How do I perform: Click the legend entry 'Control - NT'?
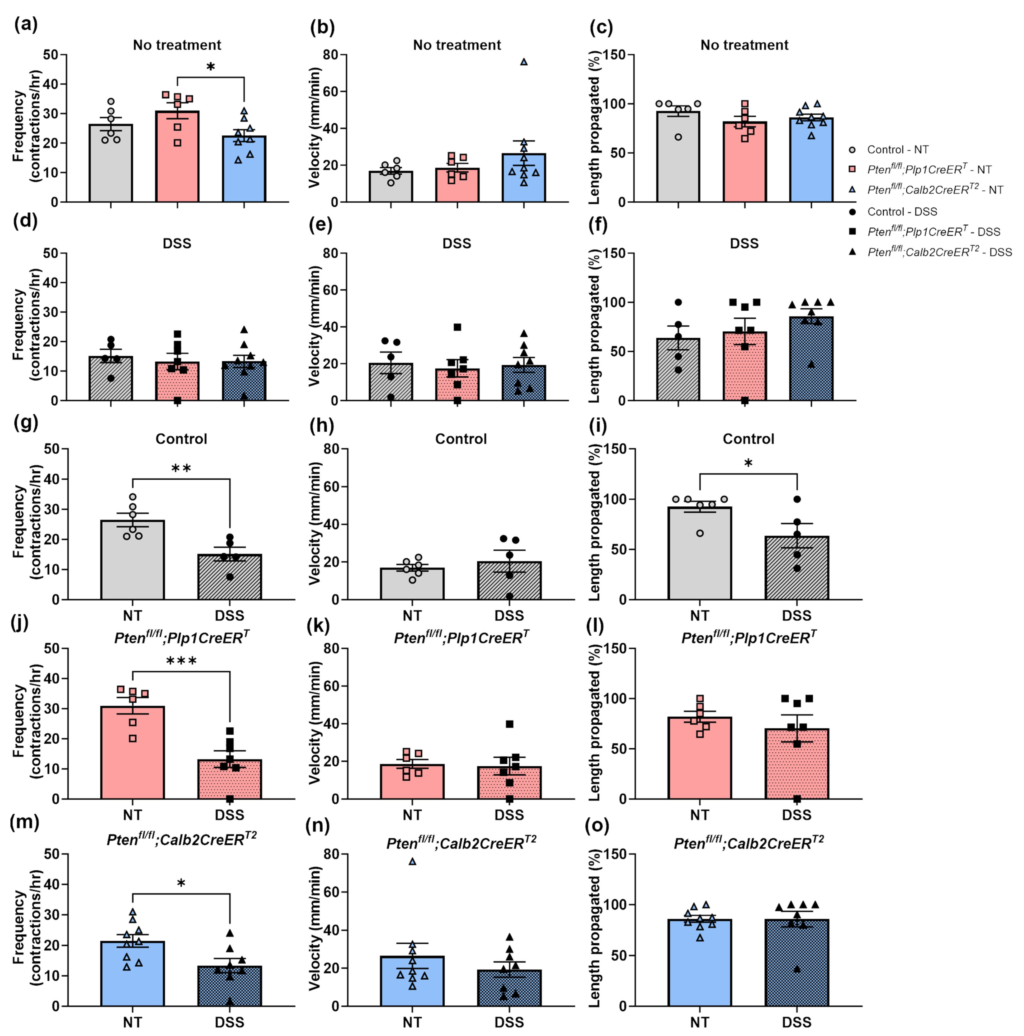pos(897,150)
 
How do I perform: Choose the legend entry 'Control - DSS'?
pos(902,212)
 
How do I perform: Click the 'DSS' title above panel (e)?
pos(457,243)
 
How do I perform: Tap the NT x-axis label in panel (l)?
pos(700,815)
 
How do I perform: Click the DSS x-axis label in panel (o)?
pos(797,1022)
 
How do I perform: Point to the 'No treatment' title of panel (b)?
pos(457,45)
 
